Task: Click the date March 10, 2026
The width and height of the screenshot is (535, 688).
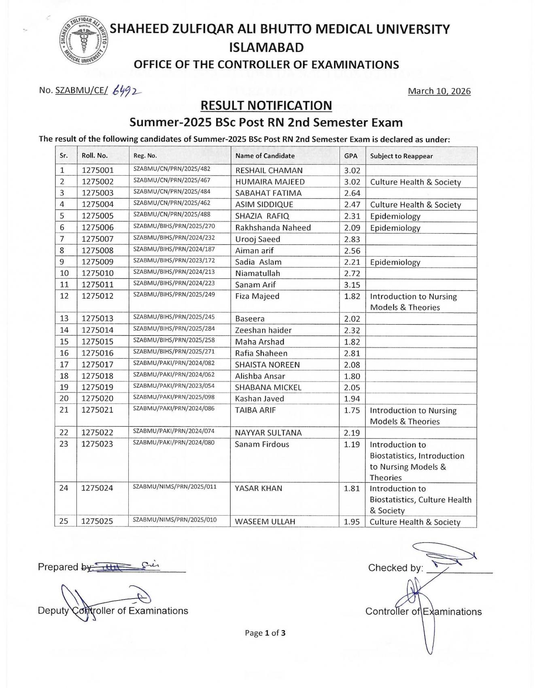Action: (439, 91)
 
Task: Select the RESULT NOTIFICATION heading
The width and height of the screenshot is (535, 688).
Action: (266, 106)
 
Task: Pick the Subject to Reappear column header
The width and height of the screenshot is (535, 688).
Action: (401, 156)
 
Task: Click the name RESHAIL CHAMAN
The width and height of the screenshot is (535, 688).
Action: (269, 170)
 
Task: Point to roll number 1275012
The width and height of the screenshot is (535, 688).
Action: (98, 296)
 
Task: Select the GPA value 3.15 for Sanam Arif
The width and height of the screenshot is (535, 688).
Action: (352, 285)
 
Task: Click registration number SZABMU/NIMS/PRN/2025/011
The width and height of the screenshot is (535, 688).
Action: (175, 487)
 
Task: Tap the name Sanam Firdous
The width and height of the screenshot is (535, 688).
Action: (262, 444)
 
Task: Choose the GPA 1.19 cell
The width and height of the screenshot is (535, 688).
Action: (352, 444)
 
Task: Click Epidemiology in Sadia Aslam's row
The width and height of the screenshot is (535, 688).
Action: (395, 262)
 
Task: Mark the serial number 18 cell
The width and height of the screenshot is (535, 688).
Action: (64, 376)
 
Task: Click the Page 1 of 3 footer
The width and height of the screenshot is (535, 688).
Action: (265, 633)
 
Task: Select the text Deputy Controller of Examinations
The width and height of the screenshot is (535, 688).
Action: (113, 611)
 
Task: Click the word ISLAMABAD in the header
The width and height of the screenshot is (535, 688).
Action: (266, 48)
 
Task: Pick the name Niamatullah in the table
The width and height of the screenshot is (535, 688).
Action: (257, 274)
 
